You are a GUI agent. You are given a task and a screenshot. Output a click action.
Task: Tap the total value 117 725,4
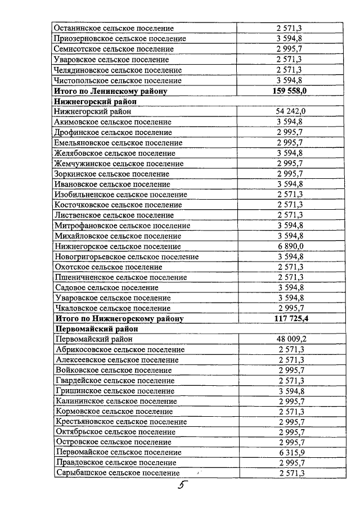(x=291, y=318)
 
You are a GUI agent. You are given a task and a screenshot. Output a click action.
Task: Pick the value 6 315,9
(x=291, y=452)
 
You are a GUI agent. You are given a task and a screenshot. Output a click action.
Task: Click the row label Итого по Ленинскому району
(x=110, y=91)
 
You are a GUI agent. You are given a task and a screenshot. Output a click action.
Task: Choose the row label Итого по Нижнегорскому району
(x=119, y=319)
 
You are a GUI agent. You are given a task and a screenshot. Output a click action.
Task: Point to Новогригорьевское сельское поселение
(x=127, y=256)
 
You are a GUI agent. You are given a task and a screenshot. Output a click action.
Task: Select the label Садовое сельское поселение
(x=106, y=287)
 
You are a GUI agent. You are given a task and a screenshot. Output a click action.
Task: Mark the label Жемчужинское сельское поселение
(x=119, y=163)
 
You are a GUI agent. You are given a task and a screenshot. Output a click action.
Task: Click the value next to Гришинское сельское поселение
(x=291, y=391)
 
